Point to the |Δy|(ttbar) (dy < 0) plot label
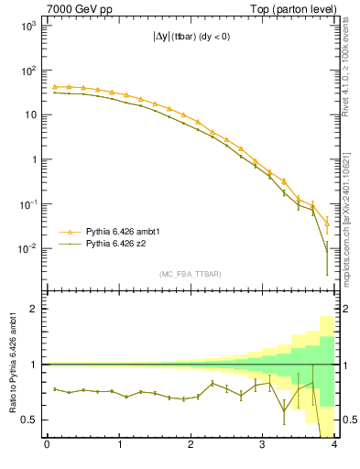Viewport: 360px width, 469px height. (190, 38)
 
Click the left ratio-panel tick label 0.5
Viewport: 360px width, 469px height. (27, 420)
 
